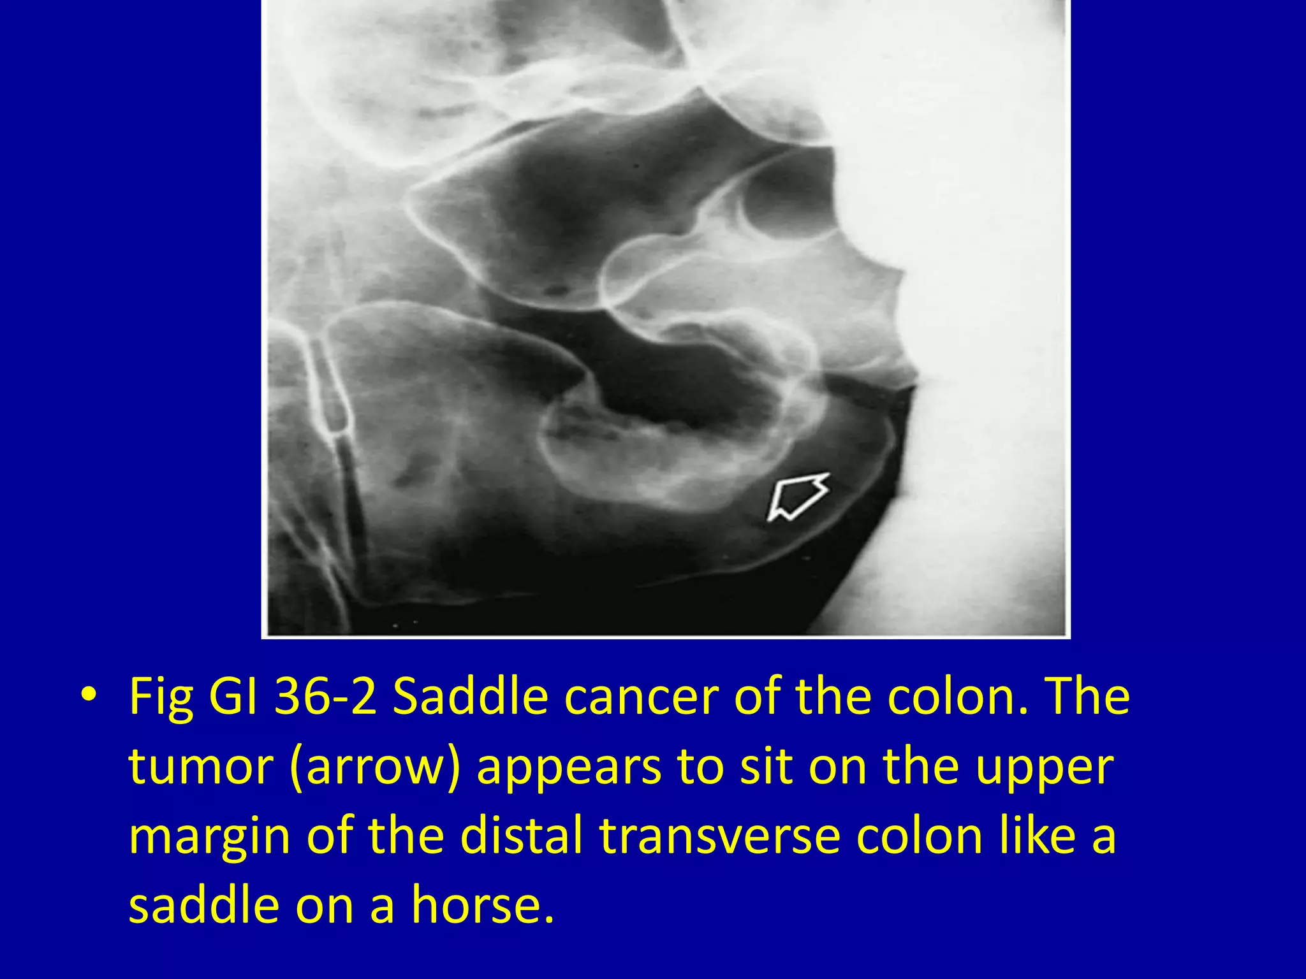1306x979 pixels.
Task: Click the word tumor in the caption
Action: tap(200, 766)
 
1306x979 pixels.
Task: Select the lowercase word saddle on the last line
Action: tap(203, 905)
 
